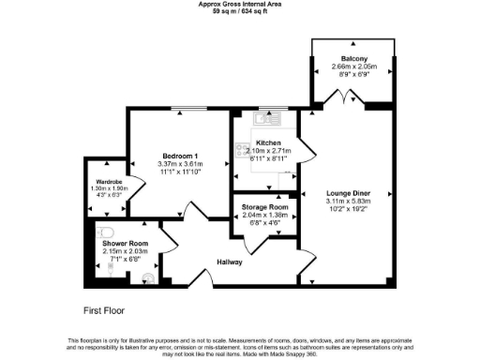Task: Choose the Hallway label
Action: (x=230, y=262)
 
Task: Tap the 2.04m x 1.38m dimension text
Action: (x=263, y=216)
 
